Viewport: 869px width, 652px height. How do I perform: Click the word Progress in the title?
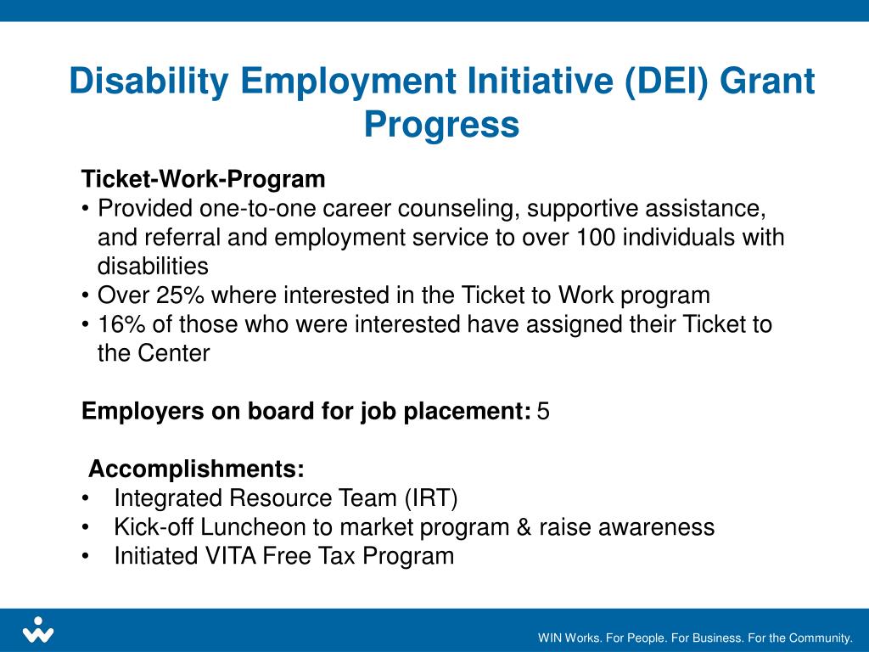(x=441, y=125)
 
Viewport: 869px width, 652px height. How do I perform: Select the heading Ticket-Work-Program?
(x=203, y=179)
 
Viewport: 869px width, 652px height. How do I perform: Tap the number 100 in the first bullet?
(x=595, y=238)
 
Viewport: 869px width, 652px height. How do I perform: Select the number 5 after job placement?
(x=543, y=412)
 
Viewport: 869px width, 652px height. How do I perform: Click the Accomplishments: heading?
(x=196, y=469)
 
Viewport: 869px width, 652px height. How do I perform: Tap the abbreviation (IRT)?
(x=430, y=498)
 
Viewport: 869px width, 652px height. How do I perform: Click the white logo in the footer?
(x=37, y=631)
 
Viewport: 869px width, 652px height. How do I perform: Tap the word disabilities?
(x=153, y=267)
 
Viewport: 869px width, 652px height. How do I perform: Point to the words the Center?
(x=153, y=353)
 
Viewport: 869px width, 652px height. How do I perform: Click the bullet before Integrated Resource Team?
(x=87, y=498)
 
